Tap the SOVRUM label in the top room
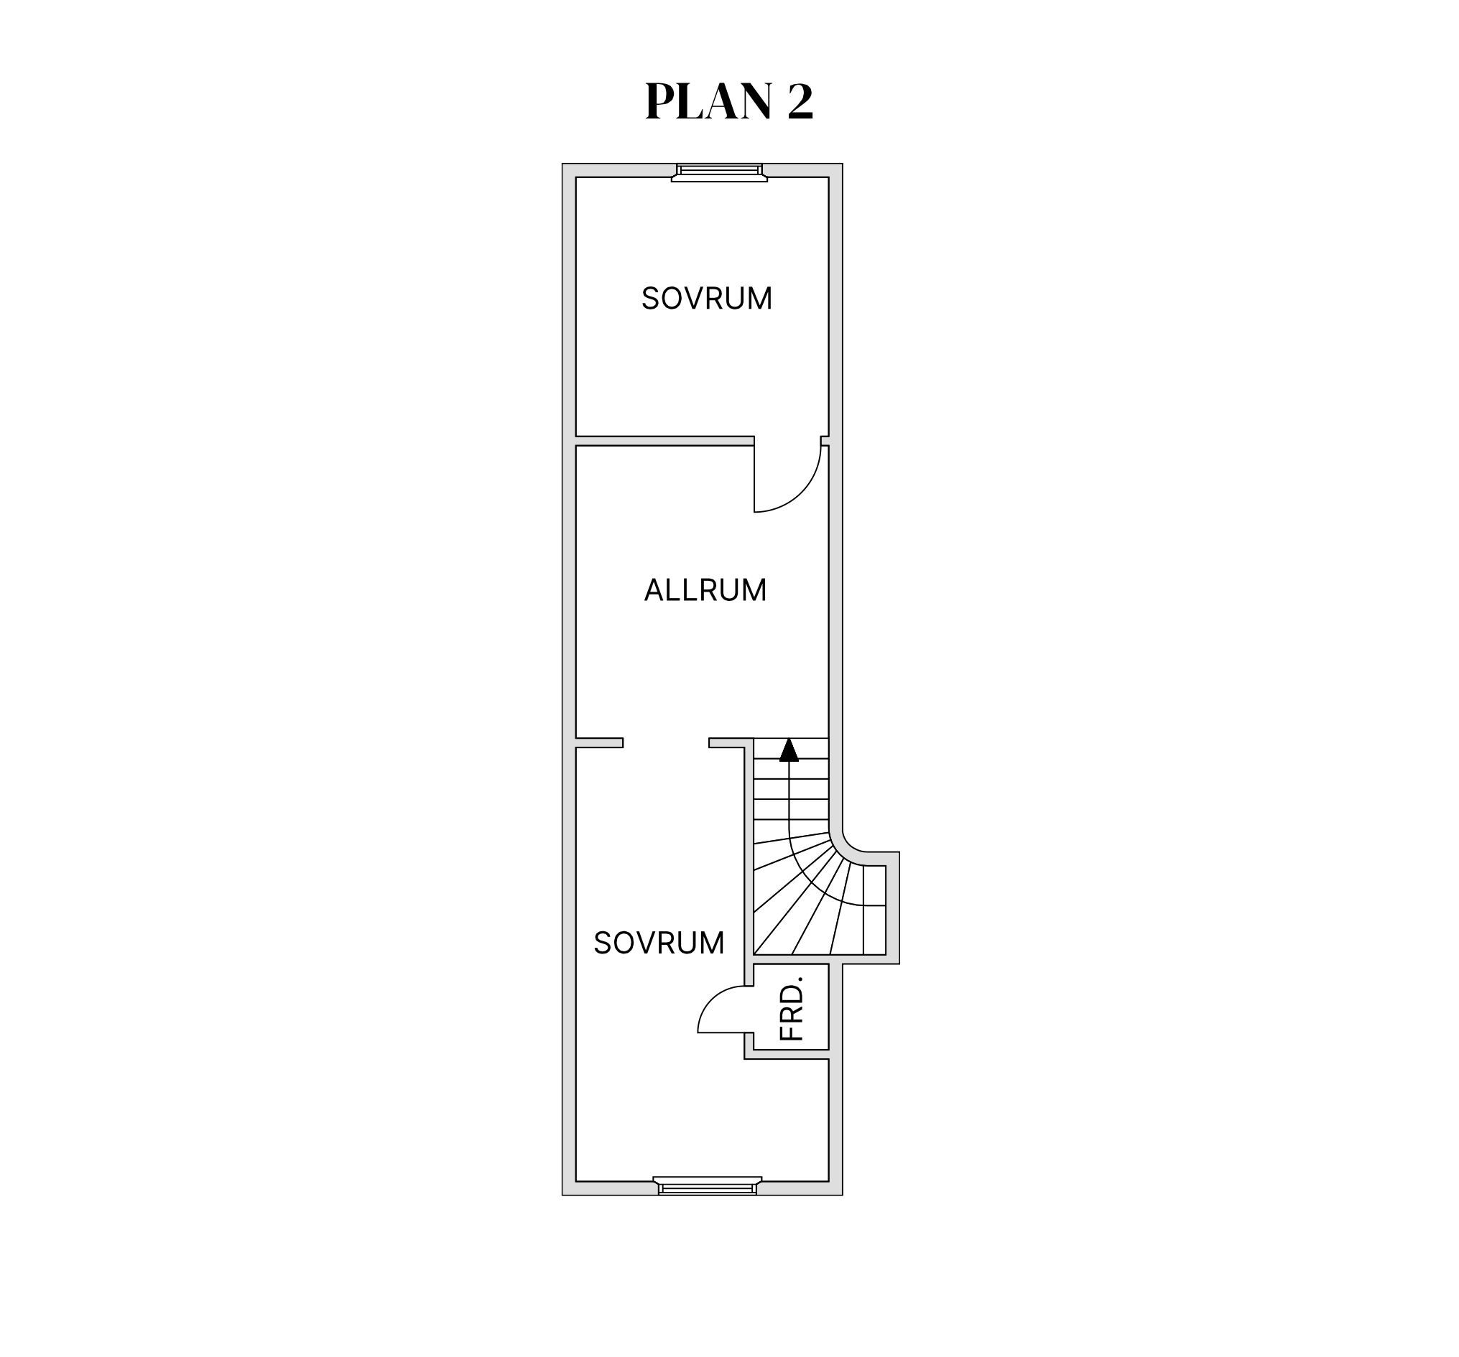(x=707, y=299)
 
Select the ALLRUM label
(x=705, y=589)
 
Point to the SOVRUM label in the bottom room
(x=659, y=943)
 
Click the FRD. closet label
(x=792, y=1008)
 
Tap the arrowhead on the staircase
(x=789, y=750)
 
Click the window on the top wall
(x=719, y=172)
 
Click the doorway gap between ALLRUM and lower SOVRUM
(x=666, y=742)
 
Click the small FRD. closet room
(x=791, y=1007)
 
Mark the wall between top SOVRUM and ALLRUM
(x=665, y=441)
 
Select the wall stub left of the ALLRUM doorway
(x=599, y=742)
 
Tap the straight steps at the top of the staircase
(x=791, y=785)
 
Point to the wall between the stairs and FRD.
(x=820, y=959)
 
